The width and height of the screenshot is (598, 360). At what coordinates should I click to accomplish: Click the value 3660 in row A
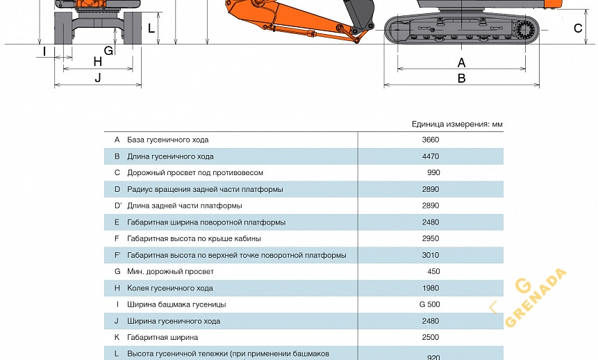(x=431, y=140)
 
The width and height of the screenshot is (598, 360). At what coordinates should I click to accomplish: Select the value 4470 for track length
(x=431, y=156)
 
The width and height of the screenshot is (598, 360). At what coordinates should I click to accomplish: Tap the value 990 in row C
(x=433, y=172)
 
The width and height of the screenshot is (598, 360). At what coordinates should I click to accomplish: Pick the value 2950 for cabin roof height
(x=431, y=238)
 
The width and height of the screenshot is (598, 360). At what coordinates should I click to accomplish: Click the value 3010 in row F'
(x=431, y=255)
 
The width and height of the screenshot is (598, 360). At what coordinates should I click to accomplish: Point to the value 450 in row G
(x=433, y=272)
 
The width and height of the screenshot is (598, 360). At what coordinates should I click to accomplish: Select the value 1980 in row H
(x=431, y=288)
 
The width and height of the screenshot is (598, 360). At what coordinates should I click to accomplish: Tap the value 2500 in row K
(x=431, y=337)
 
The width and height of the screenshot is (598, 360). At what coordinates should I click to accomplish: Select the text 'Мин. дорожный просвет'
(x=170, y=272)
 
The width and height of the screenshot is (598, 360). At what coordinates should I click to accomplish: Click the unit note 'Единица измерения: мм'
(x=457, y=124)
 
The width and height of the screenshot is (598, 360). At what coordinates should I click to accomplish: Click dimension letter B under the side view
(x=461, y=79)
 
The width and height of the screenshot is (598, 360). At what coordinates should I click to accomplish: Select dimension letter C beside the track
(x=578, y=28)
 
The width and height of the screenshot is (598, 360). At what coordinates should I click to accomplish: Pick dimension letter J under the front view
(x=98, y=77)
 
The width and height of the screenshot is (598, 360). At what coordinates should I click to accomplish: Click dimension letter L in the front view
(x=151, y=28)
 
